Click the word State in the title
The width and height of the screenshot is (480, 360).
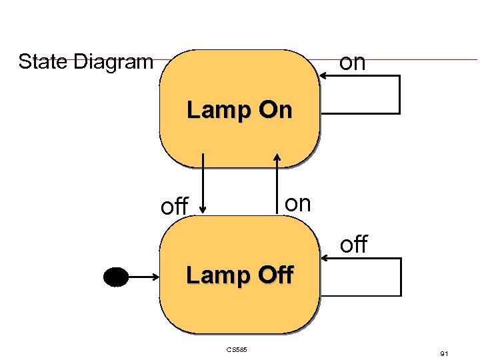tap(43, 62)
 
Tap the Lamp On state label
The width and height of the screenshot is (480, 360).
tap(239, 110)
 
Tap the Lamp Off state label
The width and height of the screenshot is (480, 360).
tap(239, 275)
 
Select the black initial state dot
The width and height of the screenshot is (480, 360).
tap(115, 275)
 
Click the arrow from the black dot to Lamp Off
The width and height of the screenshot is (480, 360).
tap(143, 275)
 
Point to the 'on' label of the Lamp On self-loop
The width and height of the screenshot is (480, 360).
tap(352, 62)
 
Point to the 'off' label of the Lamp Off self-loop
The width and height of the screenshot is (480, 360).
tap(353, 245)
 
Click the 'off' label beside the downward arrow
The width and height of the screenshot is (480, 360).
tap(175, 207)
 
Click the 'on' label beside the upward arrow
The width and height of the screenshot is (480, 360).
tap(297, 203)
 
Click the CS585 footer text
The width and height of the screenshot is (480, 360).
tap(237, 349)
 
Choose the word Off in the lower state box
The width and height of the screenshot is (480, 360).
tap(274, 275)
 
